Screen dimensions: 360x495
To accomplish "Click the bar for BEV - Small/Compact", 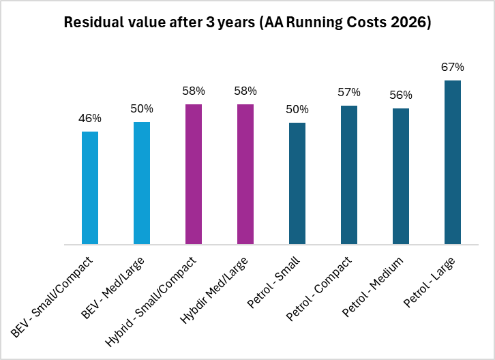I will [x=90, y=187].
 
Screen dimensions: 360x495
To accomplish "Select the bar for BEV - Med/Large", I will [x=142, y=183].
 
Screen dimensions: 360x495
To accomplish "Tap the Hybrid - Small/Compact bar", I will [x=194, y=174].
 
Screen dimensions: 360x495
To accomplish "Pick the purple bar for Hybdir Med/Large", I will [x=245, y=174].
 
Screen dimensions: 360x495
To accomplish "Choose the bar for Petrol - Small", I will [x=297, y=183].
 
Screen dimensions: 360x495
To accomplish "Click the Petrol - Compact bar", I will [x=349, y=175].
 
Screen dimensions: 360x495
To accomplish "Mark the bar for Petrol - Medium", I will [x=401, y=176].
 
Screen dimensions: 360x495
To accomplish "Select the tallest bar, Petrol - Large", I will [x=453, y=162].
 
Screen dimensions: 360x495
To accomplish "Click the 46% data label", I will [x=90, y=118].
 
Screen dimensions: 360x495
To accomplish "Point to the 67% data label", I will [x=453, y=67].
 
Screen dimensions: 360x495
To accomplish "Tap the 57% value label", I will [x=349, y=92].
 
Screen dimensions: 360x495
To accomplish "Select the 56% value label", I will [x=401, y=95].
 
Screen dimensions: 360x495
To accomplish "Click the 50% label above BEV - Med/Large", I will [x=142, y=108].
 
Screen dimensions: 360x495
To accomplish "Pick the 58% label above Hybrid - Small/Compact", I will [x=194, y=91].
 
